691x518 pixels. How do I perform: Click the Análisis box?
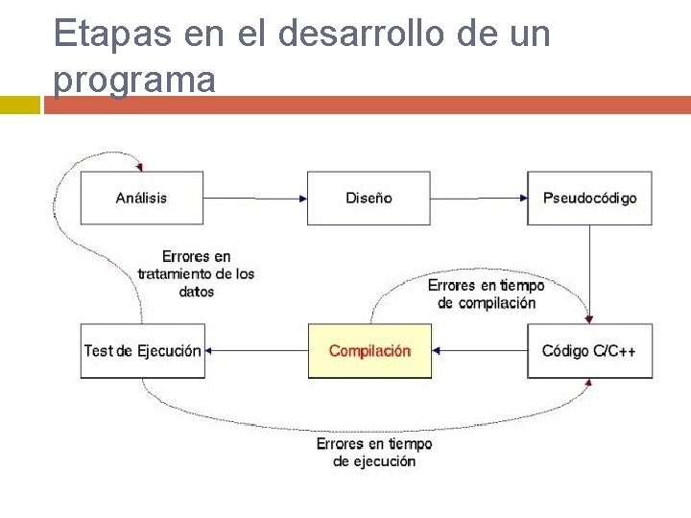point(142,198)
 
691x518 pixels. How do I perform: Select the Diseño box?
point(369,198)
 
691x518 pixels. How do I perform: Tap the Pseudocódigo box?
point(589,198)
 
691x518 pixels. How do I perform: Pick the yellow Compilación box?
point(369,351)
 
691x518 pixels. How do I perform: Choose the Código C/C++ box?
point(589,351)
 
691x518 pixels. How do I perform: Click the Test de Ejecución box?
point(142,351)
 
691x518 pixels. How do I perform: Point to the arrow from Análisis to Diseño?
point(255,199)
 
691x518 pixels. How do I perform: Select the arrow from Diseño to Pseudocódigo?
point(479,199)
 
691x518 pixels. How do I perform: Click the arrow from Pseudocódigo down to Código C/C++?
point(590,273)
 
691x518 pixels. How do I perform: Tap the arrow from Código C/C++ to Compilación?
point(479,351)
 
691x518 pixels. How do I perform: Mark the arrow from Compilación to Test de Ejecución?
point(255,351)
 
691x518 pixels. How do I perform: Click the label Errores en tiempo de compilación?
point(486,294)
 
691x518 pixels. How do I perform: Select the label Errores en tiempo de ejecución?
point(374,453)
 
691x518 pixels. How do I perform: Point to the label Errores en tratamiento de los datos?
point(196,273)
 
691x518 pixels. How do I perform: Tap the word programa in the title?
point(134,79)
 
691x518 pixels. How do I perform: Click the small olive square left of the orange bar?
point(19,105)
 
